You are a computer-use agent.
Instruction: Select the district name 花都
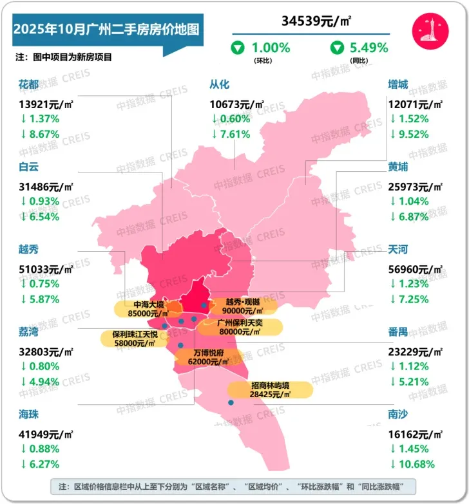coord(30,84)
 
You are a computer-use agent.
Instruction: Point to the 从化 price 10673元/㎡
coord(236,104)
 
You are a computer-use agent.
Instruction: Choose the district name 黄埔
coord(398,167)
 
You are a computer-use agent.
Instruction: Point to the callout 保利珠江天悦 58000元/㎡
coord(135,339)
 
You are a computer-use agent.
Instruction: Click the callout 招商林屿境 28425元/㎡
coord(270,389)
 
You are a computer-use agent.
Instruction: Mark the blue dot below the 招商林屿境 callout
coord(230,403)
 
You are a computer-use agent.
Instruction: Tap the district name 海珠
coord(30,415)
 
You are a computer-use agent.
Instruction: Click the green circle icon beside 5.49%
coord(337,47)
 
